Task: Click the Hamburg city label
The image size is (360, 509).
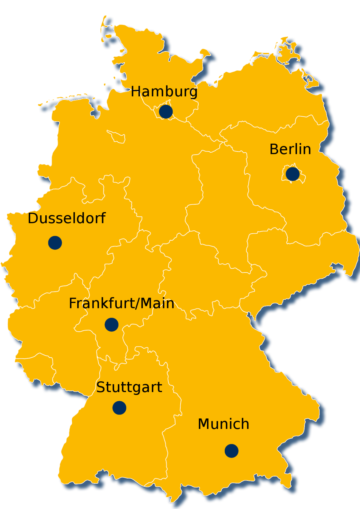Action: (x=164, y=92)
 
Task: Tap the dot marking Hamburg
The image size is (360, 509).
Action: (x=166, y=112)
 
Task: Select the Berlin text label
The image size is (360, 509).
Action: (x=290, y=149)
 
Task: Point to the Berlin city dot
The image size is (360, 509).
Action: (x=292, y=174)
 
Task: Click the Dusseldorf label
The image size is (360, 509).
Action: (x=67, y=218)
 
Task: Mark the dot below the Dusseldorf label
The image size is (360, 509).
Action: (x=55, y=243)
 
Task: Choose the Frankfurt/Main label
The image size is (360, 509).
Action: (x=121, y=304)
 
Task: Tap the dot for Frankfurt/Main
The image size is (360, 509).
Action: (x=112, y=325)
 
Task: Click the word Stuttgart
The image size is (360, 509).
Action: (x=129, y=387)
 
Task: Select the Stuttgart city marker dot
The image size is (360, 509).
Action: (x=119, y=408)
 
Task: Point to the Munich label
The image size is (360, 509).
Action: (x=223, y=424)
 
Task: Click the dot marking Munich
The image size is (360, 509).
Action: (x=231, y=451)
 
